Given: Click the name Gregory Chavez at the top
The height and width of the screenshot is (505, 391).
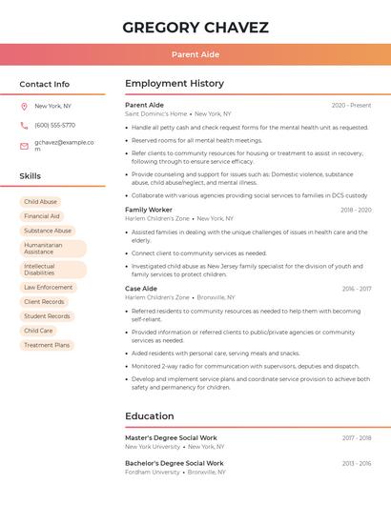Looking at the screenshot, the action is tap(195, 27).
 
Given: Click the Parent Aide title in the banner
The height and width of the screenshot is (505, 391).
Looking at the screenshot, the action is tap(195, 54).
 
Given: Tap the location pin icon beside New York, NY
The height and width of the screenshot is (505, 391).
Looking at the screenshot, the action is tap(24, 106).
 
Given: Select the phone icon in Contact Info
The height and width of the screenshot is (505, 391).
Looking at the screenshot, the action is tap(24, 125).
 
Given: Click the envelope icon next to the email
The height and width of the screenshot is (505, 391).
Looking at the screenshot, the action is tap(24, 146).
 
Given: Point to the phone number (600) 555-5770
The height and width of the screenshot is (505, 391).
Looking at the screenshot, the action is tap(54, 125).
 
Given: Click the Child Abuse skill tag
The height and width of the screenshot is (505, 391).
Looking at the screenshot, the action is tap(40, 202).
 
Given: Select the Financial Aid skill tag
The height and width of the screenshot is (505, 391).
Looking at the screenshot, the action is tap(42, 216).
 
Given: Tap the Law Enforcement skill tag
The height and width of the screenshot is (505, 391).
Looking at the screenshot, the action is tap(48, 287).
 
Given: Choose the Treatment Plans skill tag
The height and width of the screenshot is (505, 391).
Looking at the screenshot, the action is tap(47, 345).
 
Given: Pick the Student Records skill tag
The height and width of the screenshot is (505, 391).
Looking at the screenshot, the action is tap(47, 316).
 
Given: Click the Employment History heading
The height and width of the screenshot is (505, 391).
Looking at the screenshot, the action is tap(174, 84).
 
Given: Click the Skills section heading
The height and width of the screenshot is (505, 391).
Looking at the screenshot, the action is tap(31, 176).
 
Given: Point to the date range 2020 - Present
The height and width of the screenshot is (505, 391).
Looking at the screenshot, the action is tap(351, 105).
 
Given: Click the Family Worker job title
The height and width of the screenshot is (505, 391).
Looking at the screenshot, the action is tap(149, 210).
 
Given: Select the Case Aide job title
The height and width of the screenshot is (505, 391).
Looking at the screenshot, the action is tap(141, 289).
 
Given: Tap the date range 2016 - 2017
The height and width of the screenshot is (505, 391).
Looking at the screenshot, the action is tap(357, 289).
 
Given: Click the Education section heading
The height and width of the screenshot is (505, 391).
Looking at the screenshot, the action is tap(150, 416).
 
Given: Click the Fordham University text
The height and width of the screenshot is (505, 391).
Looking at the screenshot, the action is tap(152, 472).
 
